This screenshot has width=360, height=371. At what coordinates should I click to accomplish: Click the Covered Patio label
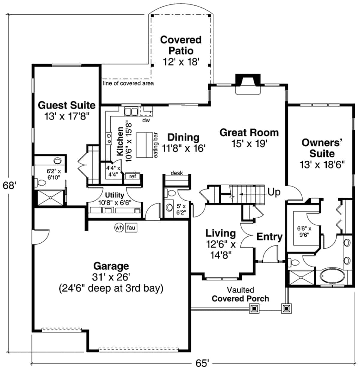point(181,45)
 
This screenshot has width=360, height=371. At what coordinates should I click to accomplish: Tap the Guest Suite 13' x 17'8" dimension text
point(67,116)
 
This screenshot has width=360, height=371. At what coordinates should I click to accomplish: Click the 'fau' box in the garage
point(131,228)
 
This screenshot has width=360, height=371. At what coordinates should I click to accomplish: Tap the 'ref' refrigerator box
point(132,176)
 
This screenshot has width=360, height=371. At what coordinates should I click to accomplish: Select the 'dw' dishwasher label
point(146,120)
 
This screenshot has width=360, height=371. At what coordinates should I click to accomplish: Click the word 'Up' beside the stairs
point(273,192)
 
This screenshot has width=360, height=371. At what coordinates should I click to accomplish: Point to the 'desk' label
point(176,173)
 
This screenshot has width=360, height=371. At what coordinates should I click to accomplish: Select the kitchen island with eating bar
point(145,145)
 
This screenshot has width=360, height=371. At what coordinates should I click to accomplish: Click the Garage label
point(111,266)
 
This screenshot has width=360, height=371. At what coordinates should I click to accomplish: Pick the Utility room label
point(114,195)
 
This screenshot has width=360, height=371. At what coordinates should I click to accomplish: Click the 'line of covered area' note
point(128,83)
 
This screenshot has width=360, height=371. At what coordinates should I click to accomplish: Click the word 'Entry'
point(269,237)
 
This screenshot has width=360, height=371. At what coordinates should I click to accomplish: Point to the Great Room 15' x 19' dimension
point(249,144)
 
